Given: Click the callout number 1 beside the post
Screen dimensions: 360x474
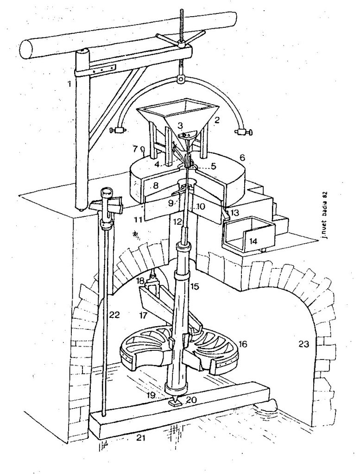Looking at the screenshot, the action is pos(70,83).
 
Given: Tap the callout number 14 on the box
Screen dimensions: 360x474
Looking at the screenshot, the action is pos(253,241).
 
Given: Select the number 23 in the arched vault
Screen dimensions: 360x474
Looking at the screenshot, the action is pos(303,344).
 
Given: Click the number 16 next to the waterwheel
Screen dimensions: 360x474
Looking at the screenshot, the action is pos(243,344).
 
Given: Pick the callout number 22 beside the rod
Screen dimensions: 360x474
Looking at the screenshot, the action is pos(114,315).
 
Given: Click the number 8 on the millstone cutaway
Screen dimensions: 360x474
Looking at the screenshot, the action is pos(155,185).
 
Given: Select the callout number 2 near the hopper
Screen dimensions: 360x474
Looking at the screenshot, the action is pos(216,120).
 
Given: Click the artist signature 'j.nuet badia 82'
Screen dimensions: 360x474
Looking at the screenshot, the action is pos(324,215).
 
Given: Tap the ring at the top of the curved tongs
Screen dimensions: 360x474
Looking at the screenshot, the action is pos(180,80).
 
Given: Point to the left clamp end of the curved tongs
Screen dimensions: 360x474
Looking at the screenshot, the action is pos(119,131).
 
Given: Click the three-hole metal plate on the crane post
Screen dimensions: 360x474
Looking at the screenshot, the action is pos(103,70).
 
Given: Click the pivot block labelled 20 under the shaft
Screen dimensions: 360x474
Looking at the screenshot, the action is pos(175,402).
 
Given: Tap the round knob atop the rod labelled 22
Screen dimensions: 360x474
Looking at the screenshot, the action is pos(107,192).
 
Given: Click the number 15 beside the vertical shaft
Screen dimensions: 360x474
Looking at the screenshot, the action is pos(195,286).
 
